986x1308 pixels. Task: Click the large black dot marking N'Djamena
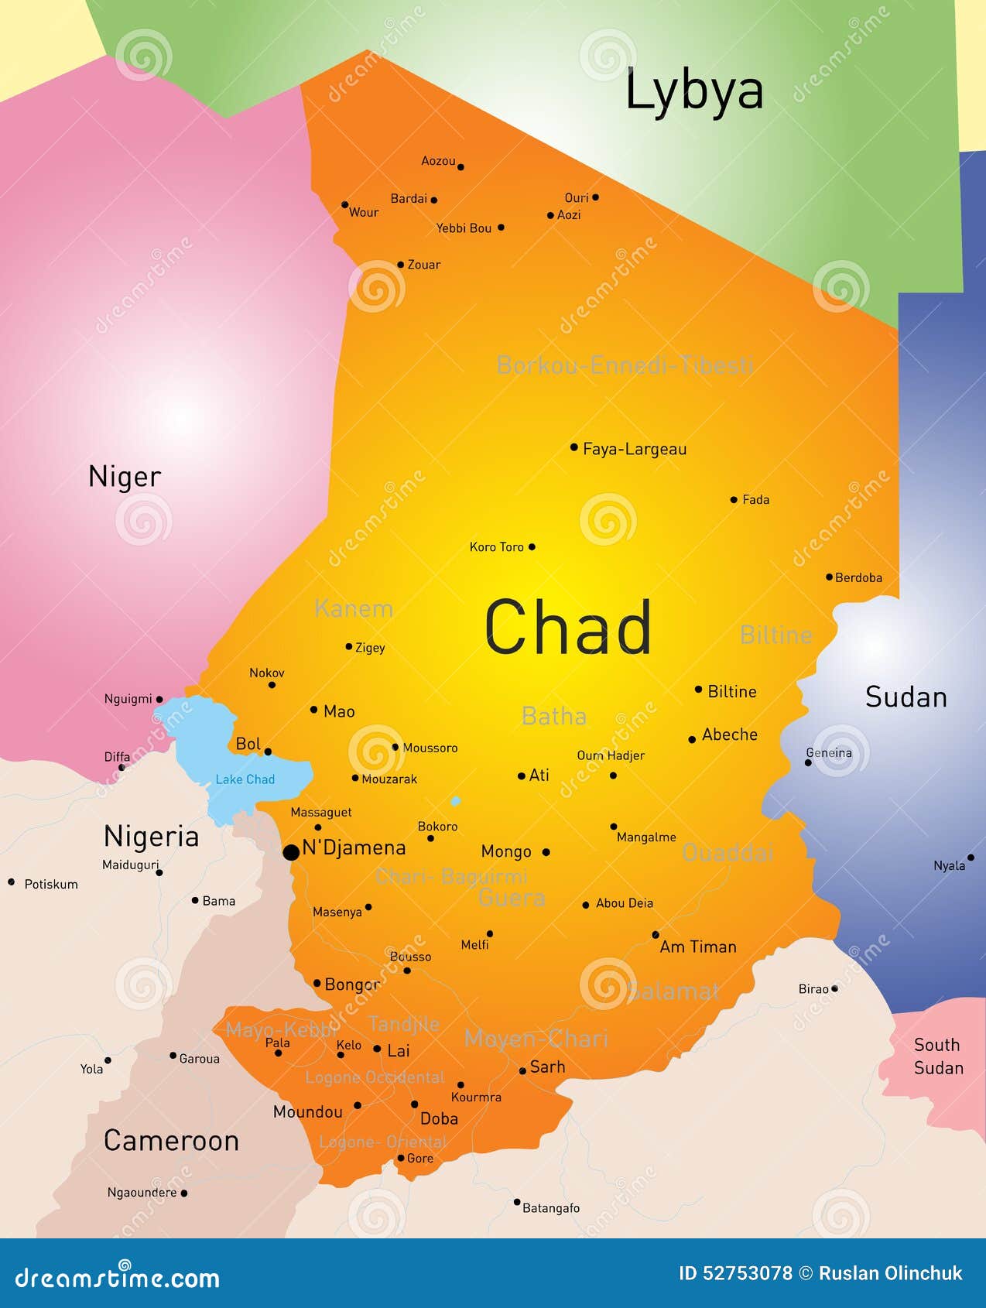tap(291, 852)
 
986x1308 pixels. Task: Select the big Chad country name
tap(568, 628)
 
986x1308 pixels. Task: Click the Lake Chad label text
tap(245, 779)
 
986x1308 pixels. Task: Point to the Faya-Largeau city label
tap(634, 449)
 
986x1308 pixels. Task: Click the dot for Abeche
tap(692, 739)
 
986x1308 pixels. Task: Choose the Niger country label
tap(125, 476)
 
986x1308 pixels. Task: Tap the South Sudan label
tap(938, 1056)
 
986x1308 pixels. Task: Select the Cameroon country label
tap(171, 1140)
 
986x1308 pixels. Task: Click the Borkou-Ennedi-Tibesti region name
tap(625, 365)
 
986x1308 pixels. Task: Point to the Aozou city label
tap(438, 161)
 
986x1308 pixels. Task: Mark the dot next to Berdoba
tap(829, 577)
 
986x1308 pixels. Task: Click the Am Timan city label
tap(698, 947)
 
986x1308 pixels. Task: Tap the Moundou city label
tap(307, 1111)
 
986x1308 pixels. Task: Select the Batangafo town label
tap(550, 1207)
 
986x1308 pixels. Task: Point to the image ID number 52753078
tap(747, 1273)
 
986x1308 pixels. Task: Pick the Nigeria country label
tap(151, 837)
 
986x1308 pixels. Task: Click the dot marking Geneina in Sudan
tap(808, 762)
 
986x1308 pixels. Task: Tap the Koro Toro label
tap(496, 547)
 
